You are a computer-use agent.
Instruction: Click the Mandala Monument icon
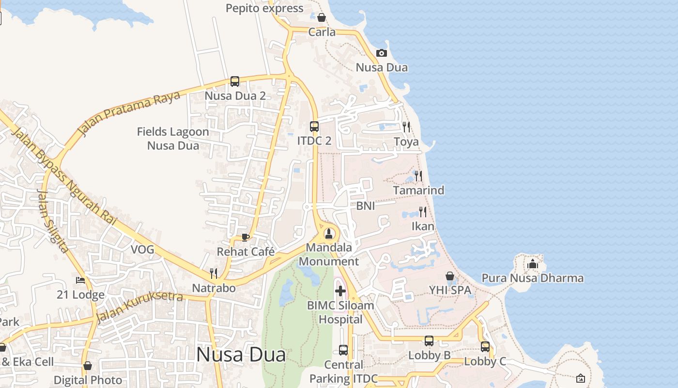pos(329,234)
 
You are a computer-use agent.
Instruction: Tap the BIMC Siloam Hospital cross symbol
pos(340,291)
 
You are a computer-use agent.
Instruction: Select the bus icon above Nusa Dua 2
pos(235,81)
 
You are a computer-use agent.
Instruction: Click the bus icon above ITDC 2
pos(314,127)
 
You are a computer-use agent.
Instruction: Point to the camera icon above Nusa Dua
pos(382,53)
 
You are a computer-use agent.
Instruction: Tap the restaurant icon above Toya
pos(406,127)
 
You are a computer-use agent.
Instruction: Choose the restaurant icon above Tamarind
pos(418,176)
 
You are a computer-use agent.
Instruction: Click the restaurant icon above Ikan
pos(423,212)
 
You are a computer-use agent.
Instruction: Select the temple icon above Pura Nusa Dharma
pos(533,264)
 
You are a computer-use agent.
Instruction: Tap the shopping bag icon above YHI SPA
pos(450,276)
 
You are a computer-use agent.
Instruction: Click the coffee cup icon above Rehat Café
pos(246,237)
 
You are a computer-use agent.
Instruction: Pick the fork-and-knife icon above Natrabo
pos(214,273)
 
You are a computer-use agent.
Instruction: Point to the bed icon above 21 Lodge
pos(80,280)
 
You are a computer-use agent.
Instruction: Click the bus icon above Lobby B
pos(429,341)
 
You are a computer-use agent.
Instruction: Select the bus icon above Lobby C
pos(485,347)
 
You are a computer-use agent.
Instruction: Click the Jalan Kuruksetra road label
pos(139,307)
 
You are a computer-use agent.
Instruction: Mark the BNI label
pos(366,206)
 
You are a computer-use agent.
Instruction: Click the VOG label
pos(142,250)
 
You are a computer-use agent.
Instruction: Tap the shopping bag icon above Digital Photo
pos(88,366)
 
